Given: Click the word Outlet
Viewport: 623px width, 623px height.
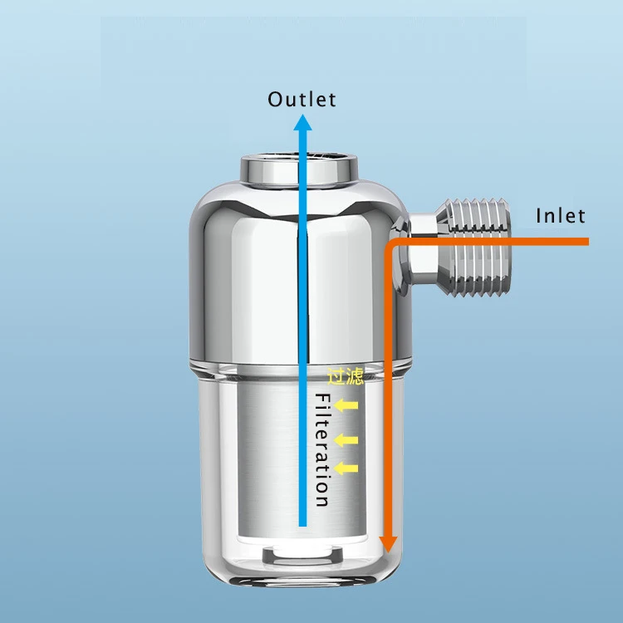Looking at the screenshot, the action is click(302, 99).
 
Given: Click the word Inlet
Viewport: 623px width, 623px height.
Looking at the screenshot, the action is click(561, 216).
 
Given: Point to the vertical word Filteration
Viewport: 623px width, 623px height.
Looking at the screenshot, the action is click(322, 449).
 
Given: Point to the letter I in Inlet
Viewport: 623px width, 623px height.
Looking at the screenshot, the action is click(539, 216).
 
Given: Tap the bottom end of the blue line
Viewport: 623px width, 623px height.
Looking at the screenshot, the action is click(303, 523).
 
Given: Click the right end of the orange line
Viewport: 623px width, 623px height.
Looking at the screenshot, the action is click(586, 242).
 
